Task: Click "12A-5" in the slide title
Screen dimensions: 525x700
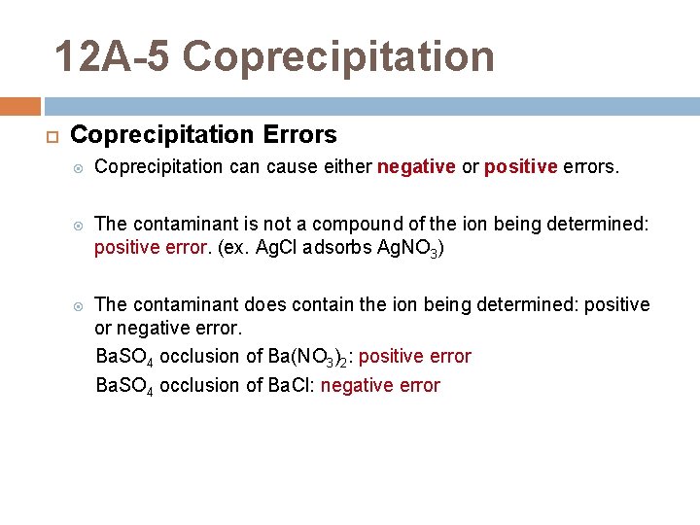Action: (x=112, y=56)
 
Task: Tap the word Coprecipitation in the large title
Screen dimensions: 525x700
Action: (x=338, y=56)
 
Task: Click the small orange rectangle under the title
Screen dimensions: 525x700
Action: (x=20, y=106)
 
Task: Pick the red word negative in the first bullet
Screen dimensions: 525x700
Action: (x=416, y=167)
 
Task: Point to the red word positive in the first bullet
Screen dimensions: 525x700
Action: (x=520, y=167)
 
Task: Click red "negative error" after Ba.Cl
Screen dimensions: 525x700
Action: (x=380, y=386)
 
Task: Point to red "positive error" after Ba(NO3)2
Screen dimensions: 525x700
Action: (x=415, y=357)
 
